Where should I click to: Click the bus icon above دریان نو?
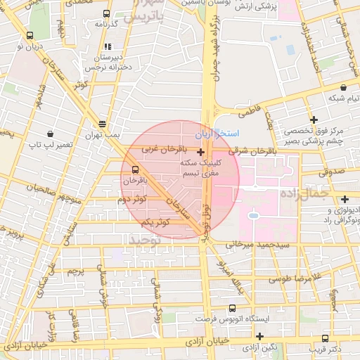[x=29, y=35]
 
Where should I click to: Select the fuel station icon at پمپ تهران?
[x=103, y=122]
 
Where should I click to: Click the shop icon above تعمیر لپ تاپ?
[x=50, y=134]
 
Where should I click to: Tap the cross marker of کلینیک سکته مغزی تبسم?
[x=201, y=152]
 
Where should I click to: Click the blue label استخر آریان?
[x=229, y=134]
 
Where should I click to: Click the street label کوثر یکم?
[x=155, y=222]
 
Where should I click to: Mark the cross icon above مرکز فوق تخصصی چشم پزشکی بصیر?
[x=314, y=121]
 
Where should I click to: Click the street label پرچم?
[x=75, y=270]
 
